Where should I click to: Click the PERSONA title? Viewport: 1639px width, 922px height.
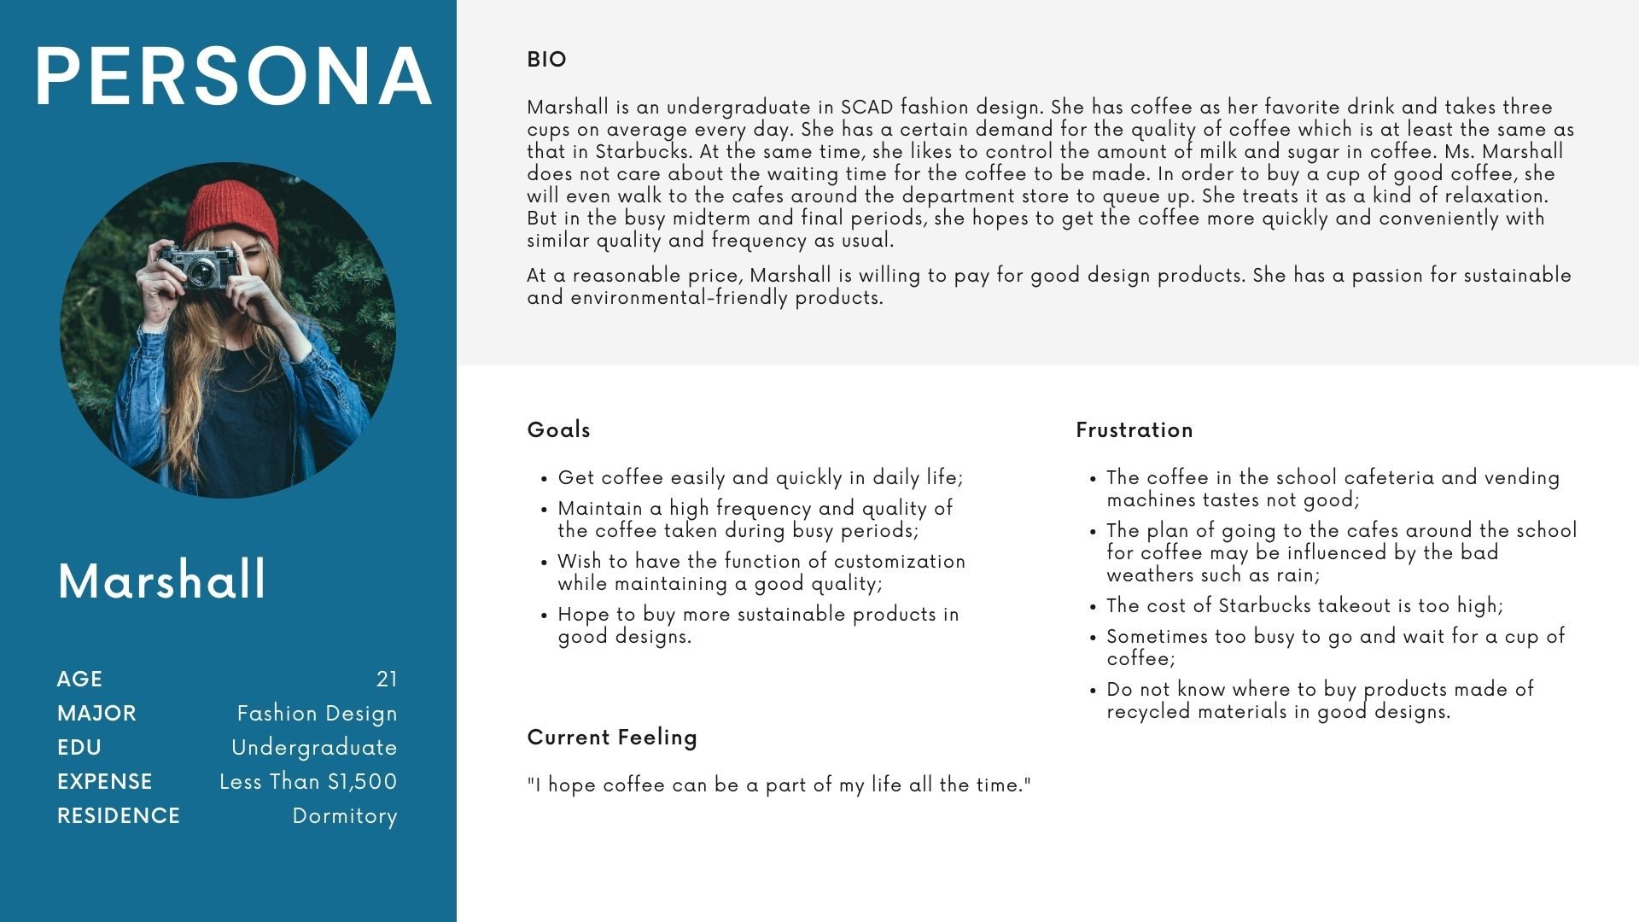pyautogui.click(x=233, y=77)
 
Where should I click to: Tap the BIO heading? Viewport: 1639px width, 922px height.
pyautogui.click(x=546, y=60)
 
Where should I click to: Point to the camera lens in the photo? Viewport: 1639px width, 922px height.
pyautogui.click(x=202, y=272)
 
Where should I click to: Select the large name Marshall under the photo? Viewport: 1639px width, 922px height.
pyautogui.click(x=162, y=581)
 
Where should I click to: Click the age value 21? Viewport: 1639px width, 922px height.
pyautogui.click(x=387, y=679)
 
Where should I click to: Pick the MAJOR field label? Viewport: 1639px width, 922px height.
pyautogui.click(x=96, y=713)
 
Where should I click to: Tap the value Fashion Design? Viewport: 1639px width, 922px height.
pyautogui.click(x=317, y=713)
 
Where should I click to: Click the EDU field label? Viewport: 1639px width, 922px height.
pyautogui.click(x=79, y=747)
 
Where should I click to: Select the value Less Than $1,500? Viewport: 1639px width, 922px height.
pyautogui.click(x=308, y=781)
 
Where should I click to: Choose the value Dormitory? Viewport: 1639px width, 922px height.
pyautogui.click(x=345, y=815)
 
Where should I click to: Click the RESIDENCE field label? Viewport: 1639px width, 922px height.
pyautogui.click(x=119, y=815)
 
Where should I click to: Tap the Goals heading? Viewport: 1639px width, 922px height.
pyautogui.click(x=559, y=429)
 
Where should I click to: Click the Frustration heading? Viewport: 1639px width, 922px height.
pyautogui.click(x=1134, y=429)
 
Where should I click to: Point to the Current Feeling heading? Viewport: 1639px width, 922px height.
pyautogui.click(x=612, y=737)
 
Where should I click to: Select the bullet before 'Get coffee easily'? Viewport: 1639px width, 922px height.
pyautogui.click(x=544, y=480)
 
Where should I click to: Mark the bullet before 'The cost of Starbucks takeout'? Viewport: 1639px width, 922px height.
pyautogui.click(x=1093, y=608)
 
